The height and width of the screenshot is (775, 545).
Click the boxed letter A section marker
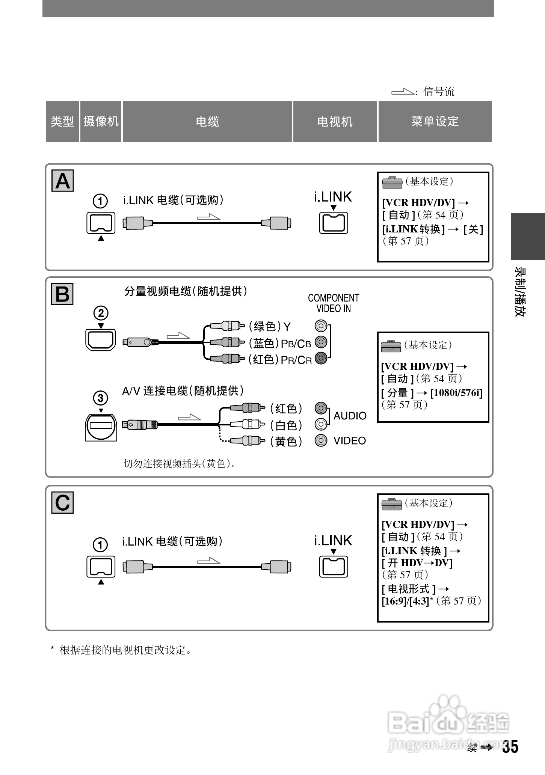pos(62,181)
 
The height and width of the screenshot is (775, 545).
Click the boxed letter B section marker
pos(62,294)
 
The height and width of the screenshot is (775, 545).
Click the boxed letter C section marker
pos(62,502)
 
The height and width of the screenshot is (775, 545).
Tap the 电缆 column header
pos(207,122)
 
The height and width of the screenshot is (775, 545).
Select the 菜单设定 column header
pos(435,122)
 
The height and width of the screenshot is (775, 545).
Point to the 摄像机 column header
pos(101,122)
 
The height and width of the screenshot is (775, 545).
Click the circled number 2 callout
pos(101,313)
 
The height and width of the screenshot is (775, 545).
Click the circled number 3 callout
pos(101,398)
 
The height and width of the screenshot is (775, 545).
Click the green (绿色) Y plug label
pos(270,327)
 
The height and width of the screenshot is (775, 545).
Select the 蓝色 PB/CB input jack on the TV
pos(321,342)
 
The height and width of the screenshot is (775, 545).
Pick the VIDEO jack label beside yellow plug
pos(350,440)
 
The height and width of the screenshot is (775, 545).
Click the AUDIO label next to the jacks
pos(350,416)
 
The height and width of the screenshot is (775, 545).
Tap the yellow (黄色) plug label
pos(286,442)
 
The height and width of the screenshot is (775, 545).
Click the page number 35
pos(510,747)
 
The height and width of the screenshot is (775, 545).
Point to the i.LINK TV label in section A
pos(333,197)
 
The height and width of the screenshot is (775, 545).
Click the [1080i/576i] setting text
pos(456,393)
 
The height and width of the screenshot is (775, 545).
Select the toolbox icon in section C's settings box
pos(392,504)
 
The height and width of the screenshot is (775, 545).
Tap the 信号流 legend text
pos(439,91)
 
